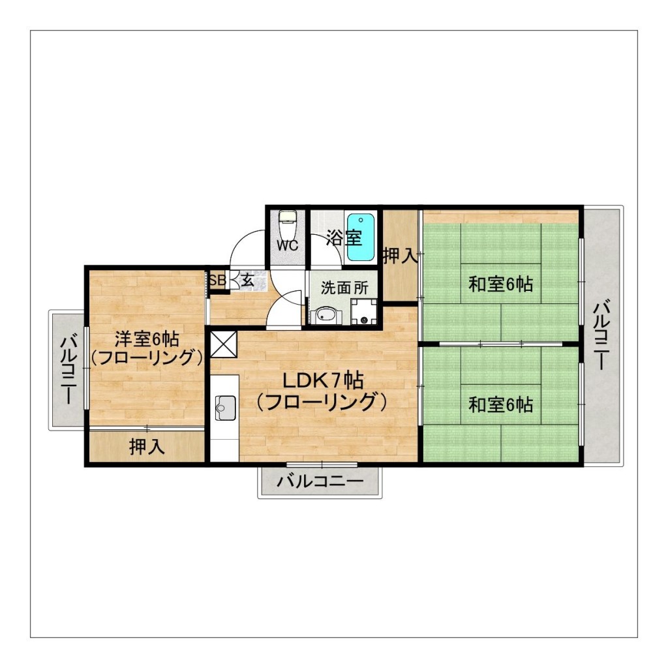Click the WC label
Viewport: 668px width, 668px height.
point(287,246)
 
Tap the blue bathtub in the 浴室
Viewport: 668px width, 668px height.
point(360,237)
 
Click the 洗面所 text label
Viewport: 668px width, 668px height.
point(344,288)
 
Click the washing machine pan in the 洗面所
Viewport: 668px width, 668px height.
point(363,312)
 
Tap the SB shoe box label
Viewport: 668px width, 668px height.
point(217,280)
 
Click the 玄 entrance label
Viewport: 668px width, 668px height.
point(249,281)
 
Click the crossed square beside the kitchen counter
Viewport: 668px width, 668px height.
point(223,344)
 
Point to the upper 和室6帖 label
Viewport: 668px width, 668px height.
point(500,284)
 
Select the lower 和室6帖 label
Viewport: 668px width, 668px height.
point(500,404)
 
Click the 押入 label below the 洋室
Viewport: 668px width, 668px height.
point(147,448)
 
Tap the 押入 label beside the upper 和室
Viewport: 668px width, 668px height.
point(400,256)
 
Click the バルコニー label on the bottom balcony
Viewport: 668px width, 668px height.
point(320,482)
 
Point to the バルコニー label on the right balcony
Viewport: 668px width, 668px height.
point(603,334)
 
